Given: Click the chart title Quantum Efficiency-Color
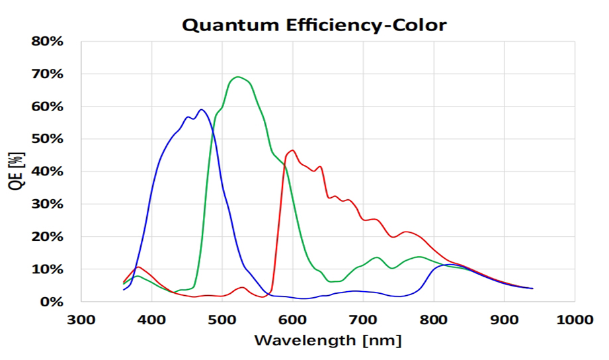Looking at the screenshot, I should click(x=314, y=25).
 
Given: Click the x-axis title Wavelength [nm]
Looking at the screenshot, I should click(x=328, y=341).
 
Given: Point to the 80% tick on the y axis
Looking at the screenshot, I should click(x=48, y=41).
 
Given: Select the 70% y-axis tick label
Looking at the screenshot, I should click(x=48, y=73).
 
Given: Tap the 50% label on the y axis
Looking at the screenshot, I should click(x=48, y=138).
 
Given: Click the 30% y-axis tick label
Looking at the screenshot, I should click(x=48, y=204).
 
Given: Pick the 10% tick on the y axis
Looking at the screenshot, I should click(x=48, y=269).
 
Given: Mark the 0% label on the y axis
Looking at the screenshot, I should click(x=52, y=302).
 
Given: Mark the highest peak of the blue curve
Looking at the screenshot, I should click(x=201, y=110).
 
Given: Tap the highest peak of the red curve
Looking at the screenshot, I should click(x=292, y=150).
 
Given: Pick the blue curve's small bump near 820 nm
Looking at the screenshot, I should click(x=450, y=265).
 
